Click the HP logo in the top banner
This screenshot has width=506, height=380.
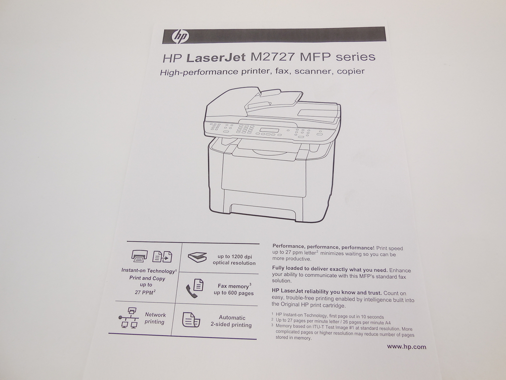click(180, 36)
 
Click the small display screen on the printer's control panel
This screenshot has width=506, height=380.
click(269, 131)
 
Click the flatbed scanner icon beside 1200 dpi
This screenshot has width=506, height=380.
click(197, 257)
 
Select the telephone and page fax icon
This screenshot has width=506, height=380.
click(194, 288)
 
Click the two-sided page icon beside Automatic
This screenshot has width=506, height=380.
click(191, 320)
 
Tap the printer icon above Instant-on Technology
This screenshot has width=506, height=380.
click(139, 256)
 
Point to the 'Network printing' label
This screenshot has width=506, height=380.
click(155, 318)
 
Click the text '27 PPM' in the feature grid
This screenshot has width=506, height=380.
click(145, 292)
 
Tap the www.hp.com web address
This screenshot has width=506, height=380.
click(406, 346)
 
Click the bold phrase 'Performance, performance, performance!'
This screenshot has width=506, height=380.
click(324, 247)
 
